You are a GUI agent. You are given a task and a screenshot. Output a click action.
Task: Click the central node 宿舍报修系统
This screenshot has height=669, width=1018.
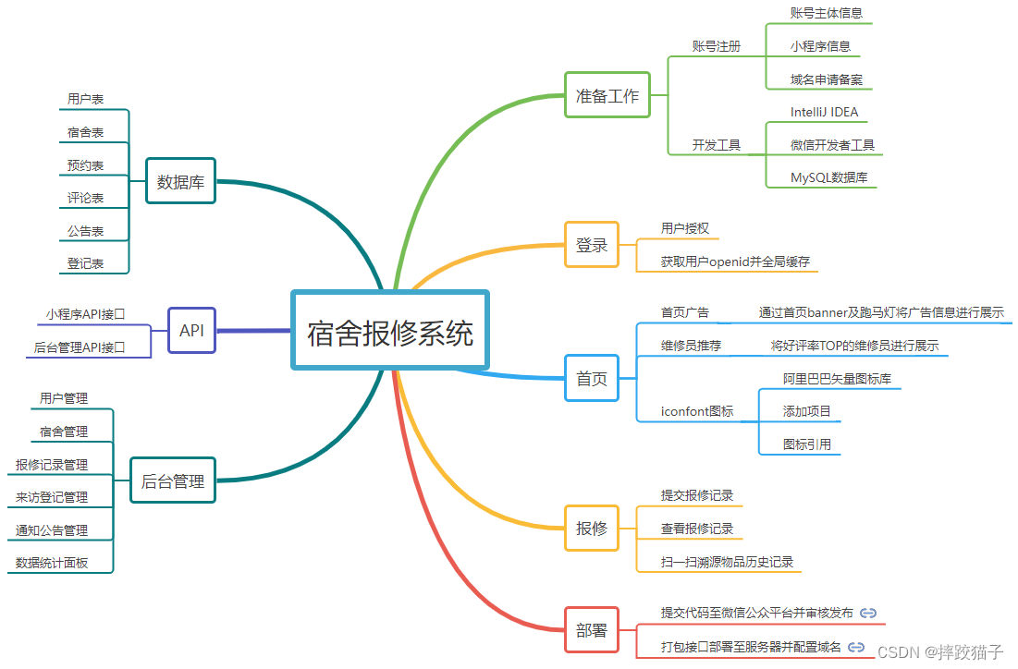(x=389, y=331)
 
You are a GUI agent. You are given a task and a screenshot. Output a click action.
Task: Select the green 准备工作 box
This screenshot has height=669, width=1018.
(x=607, y=95)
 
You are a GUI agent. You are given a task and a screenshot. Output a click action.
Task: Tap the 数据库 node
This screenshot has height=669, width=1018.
(x=180, y=181)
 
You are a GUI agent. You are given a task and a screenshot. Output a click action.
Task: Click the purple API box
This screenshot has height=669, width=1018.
(x=191, y=330)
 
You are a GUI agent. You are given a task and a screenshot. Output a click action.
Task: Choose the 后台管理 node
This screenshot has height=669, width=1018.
(x=173, y=480)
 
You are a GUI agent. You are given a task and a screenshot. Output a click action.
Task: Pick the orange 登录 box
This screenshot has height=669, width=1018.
(x=592, y=245)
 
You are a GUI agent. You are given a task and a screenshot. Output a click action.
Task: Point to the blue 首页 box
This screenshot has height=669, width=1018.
(x=592, y=379)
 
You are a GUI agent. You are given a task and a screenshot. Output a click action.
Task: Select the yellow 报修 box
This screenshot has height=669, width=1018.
(x=592, y=529)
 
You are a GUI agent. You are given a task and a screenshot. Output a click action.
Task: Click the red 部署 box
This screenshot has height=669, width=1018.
(x=592, y=631)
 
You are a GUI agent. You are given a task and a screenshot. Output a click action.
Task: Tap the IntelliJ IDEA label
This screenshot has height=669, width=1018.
(x=824, y=112)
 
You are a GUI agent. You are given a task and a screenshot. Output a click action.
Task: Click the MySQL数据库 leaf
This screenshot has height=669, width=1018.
(x=828, y=177)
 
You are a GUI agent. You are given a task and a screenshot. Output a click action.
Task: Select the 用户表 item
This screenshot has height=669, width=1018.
(x=85, y=99)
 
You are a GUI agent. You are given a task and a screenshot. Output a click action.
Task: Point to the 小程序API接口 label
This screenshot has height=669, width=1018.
(x=85, y=314)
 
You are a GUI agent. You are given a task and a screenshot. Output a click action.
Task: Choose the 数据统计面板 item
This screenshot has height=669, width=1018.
(x=52, y=563)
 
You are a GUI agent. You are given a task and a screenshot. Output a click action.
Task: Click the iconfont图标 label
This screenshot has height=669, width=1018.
(x=697, y=411)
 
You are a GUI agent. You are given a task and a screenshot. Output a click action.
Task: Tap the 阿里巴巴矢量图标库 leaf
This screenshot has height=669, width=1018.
(x=837, y=378)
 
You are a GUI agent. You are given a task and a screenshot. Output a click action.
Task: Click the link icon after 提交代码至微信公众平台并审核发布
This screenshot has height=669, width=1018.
(x=868, y=613)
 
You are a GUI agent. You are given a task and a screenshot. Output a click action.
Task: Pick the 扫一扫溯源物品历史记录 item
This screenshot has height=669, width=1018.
(x=727, y=562)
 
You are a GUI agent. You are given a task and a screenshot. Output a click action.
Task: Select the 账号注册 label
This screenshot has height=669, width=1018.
(x=717, y=46)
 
